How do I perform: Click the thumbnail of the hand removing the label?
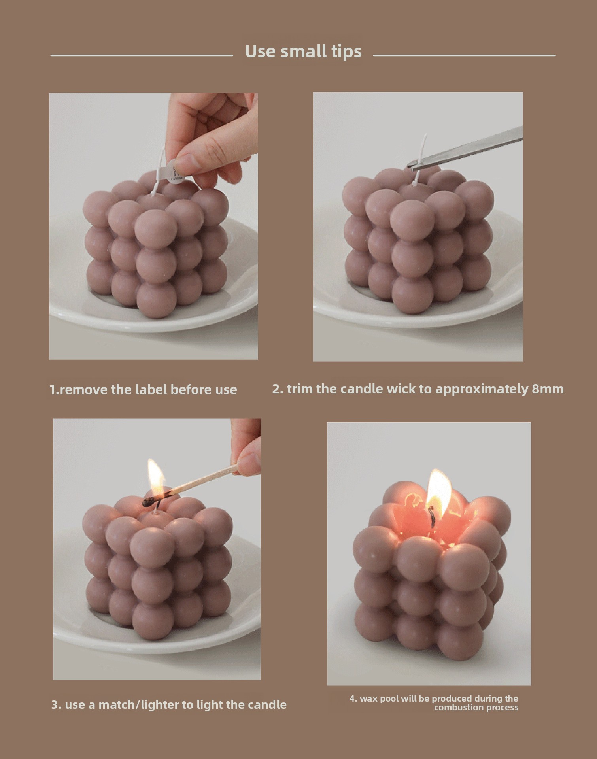pos(153,226)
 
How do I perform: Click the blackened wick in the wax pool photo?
pos(432,517)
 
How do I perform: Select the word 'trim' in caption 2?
pos(300,389)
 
